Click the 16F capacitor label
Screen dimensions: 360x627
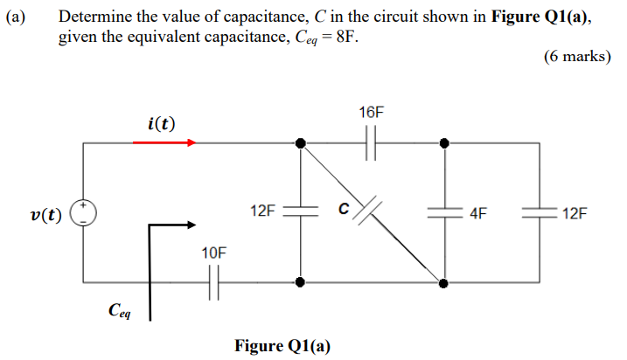tap(371, 113)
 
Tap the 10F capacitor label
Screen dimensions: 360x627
tap(213, 253)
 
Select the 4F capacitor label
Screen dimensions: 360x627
tap(479, 212)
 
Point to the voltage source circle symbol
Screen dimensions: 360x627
tap(84, 212)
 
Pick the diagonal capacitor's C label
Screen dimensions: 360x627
tap(344, 208)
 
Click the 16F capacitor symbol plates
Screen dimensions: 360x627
tap(372, 142)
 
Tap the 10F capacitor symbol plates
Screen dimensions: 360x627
tap(213, 282)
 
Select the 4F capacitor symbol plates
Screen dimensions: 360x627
tap(444, 212)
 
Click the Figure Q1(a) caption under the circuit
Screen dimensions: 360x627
tap(282, 345)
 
